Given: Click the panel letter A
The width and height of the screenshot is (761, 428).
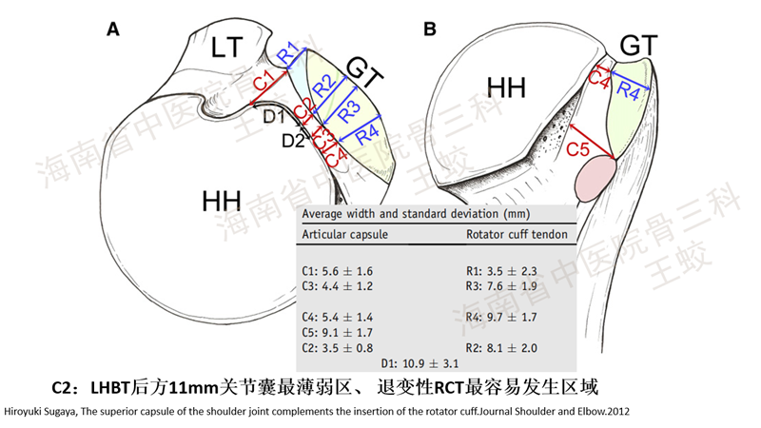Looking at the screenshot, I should [113, 29].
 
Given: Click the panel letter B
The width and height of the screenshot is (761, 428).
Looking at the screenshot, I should [429, 29].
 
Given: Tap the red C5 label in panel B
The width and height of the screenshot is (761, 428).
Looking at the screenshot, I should [579, 149].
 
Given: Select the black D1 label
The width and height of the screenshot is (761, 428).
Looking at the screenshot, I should [274, 116].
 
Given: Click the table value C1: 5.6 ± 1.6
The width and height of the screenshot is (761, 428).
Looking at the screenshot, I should [338, 271].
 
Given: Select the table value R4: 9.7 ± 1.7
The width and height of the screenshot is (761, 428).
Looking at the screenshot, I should [503, 316].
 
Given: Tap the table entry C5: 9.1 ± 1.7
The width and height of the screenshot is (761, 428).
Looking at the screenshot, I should [338, 332].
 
